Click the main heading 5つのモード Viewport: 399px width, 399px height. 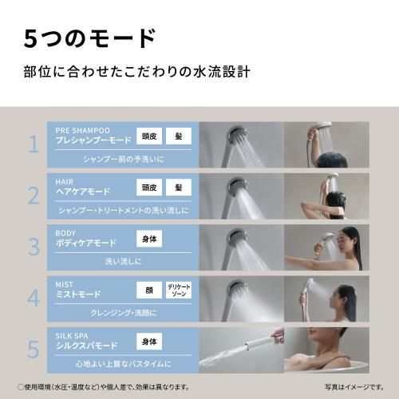[88, 37]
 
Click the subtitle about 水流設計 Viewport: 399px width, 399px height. [137, 72]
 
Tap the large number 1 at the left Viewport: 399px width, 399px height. [34, 144]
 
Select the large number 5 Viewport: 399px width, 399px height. [34, 349]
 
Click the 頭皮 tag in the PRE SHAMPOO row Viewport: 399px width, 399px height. [148, 136]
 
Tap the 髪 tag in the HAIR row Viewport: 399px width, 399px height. [179, 187]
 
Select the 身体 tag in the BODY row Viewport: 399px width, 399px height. [148, 238]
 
